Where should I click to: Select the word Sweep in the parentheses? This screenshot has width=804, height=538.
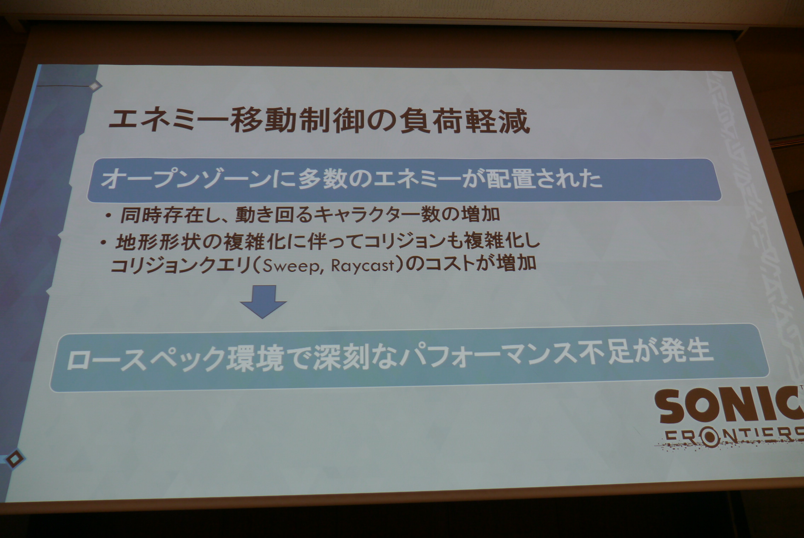pyautogui.click(x=291, y=266)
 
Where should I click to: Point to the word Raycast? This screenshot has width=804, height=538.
pyautogui.click(x=363, y=265)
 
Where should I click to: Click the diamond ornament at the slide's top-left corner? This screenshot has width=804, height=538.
pyautogui.click(x=94, y=86)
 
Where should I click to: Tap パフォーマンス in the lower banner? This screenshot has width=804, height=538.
pyautogui.click(x=488, y=355)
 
